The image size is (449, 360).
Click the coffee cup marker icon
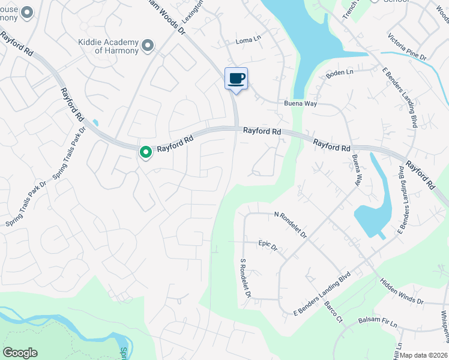point(236,78)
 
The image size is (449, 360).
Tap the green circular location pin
point(145,152)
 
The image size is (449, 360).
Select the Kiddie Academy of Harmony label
point(108,46)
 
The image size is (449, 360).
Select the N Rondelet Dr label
point(290,224)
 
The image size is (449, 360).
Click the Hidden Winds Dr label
point(402,291)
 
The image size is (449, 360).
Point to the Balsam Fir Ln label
point(378,321)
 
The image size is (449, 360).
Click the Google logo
point(20,353)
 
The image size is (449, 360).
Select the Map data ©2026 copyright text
point(424,355)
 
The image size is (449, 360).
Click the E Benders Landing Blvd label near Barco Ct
point(322,294)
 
